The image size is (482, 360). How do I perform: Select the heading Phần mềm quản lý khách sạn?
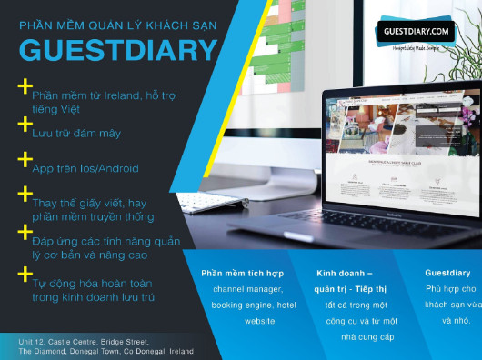pyautogui.click(x=118, y=25)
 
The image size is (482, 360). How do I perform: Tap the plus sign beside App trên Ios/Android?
pyautogui.click(x=25, y=159)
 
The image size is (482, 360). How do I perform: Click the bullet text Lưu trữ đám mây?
pyautogui.click(x=76, y=133)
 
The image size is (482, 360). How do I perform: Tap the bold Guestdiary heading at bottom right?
pyautogui.click(x=447, y=273)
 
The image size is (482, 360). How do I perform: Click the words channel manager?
pyautogui.click(x=246, y=289)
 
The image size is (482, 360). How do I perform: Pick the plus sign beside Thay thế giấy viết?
pyautogui.click(x=25, y=195)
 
